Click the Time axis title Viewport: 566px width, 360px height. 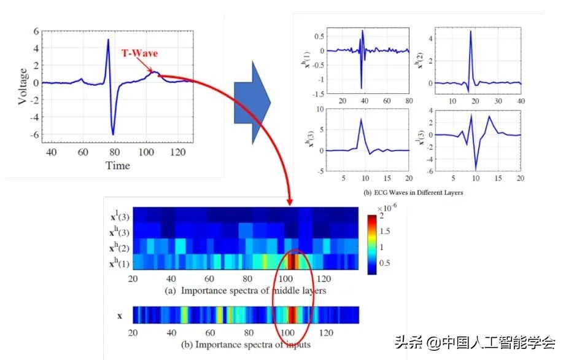(117, 165)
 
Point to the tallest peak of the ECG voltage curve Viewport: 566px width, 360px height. (108, 40)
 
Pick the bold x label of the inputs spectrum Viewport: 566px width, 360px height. (120, 316)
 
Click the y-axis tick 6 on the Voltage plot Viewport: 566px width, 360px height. (36, 31)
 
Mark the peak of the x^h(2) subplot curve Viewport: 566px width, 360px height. (470, 31)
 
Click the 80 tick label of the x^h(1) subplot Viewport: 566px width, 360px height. (408, 100)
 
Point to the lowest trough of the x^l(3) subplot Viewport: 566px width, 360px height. (476, 169)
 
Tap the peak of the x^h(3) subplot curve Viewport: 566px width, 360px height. (362, 119)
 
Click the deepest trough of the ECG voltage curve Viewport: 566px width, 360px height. (113, 134)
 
